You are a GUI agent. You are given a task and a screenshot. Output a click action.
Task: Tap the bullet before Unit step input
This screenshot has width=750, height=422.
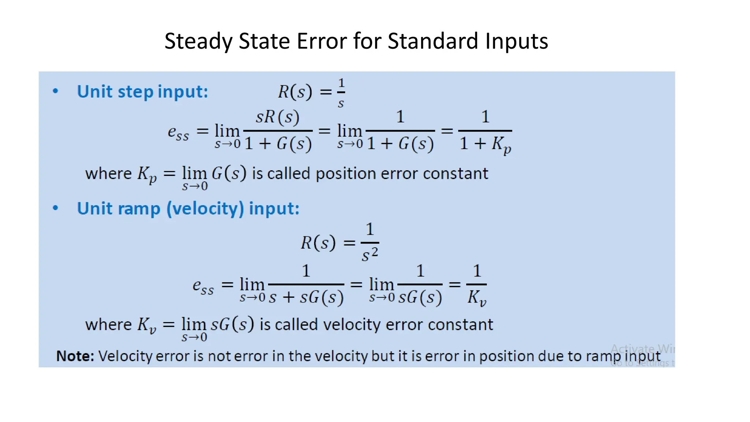(x=55, y=91)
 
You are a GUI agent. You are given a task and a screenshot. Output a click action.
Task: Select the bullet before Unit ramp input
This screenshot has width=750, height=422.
(x=55, y=208)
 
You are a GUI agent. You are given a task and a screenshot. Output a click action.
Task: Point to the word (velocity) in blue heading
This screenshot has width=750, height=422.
(x=205, y=209)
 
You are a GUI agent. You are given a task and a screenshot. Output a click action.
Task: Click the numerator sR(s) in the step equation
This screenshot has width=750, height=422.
(x=278, y=117)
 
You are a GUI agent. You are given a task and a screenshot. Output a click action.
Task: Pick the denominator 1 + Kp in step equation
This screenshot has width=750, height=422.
(x=485, y=144)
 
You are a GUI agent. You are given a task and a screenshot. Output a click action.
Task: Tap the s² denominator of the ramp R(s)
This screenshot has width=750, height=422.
(x=370, y=254)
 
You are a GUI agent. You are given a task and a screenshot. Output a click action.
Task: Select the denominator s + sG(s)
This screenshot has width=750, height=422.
(x=306, y=297)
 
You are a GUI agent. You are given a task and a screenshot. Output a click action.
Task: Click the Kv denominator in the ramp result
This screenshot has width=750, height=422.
(x=476, y=297)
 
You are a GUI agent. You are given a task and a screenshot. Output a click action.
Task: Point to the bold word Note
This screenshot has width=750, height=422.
(x=75, y=356)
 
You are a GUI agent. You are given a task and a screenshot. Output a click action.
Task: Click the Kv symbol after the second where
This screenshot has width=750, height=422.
(x=147, y=325)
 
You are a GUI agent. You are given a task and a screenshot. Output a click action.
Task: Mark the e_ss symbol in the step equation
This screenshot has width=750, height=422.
(x=178, y=132)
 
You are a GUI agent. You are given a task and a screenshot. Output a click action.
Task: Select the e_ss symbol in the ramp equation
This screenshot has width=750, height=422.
(x=203, y=286)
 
